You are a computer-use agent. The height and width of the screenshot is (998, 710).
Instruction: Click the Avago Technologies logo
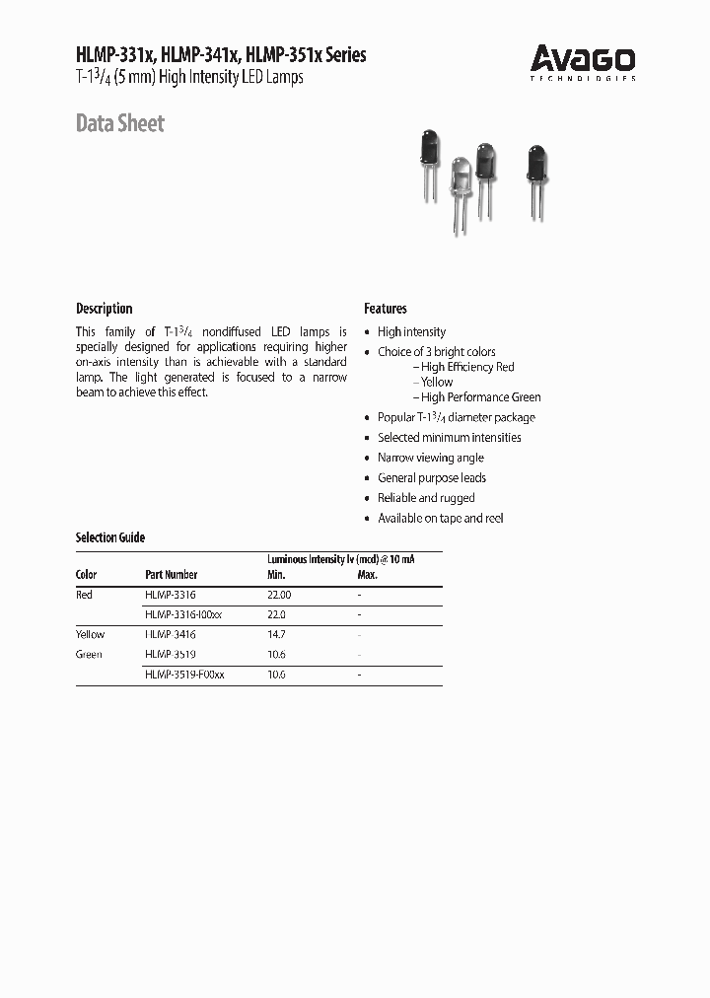(x=583, y=62)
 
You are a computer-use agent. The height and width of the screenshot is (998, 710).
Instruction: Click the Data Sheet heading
(x=120, y=124)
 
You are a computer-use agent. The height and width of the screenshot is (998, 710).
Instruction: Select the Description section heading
(x=104, y=309)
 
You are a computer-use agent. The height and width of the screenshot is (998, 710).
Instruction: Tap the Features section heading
(x=386, y=309)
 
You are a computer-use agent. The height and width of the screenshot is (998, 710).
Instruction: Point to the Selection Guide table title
(x=110, y=537)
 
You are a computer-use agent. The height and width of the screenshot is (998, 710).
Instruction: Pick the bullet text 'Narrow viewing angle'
(x=431, y=458)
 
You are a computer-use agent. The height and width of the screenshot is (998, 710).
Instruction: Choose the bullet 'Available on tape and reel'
(x=440, y=518)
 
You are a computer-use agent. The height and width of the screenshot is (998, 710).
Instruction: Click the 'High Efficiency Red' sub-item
(x=467, y=367)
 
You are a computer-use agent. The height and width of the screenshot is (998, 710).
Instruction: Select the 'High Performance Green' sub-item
(x=480, y=397)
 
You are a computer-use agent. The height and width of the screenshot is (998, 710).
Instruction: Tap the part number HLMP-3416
(x=171, y=634)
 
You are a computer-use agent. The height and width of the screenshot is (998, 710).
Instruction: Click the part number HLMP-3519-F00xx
(x=184, y=675)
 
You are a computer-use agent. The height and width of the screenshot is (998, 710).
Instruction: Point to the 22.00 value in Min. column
(x=280, y=595)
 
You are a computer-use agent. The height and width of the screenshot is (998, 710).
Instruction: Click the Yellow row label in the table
(x=90, y=634)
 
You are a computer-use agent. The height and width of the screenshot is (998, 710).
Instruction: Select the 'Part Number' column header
(x=171, y=575)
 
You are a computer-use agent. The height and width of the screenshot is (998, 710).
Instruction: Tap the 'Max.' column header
(x=367, y=575)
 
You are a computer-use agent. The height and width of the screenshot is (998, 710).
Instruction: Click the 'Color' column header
(x=87, y=575)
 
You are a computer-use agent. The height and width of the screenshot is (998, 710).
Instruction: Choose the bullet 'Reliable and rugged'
(x=426, y=498)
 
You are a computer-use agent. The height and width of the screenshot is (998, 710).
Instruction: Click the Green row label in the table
(x=89, y=654)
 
